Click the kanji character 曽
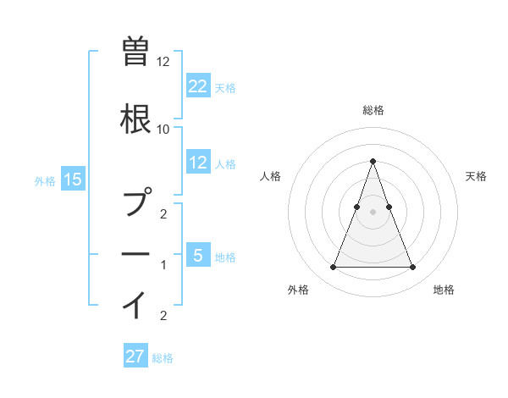(135, 52)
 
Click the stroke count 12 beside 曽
(163, 62)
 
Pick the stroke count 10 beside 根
(163, 129)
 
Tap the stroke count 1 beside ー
(163, 265)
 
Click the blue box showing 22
(198, 86)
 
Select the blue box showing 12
(198, 163)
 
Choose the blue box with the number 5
(198, 256)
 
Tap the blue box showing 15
(73, 180)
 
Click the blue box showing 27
(135, 357)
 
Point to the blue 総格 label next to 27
(163, 358)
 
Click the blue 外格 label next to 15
(45, 180)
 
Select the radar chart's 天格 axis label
(476, 176)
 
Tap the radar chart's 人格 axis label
(270, 176)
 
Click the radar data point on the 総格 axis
(373, 161)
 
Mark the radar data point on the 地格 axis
(412, 268)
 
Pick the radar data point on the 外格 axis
(333, 268)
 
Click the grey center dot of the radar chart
(373, 211)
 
